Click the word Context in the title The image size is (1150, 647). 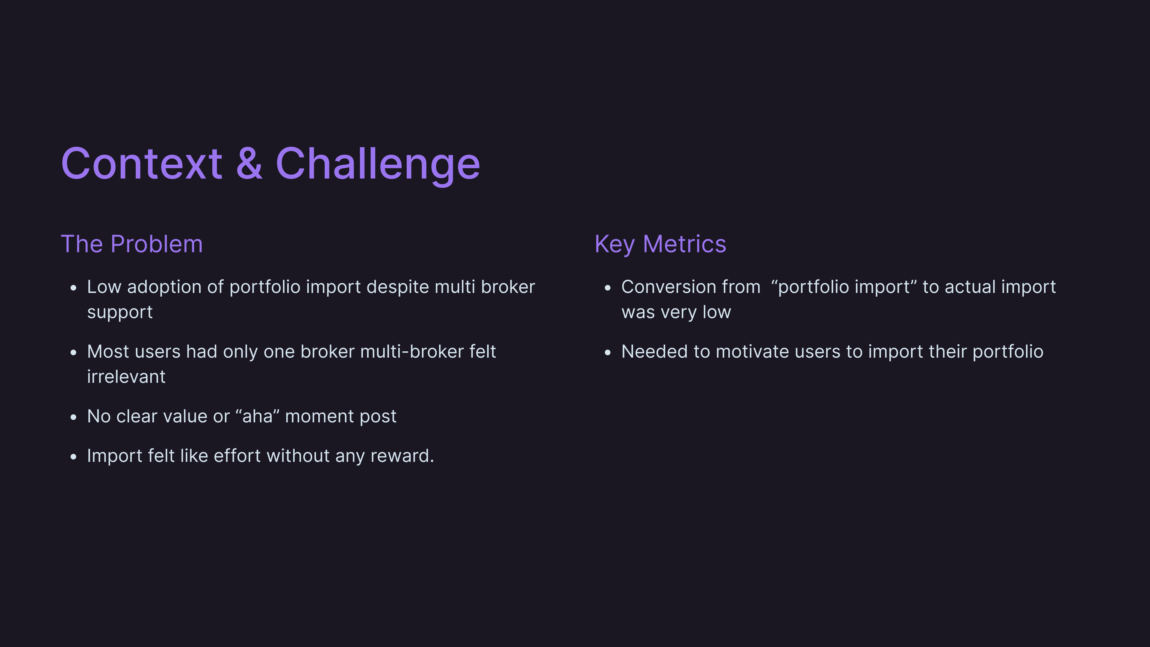pyautogui.click(x=142, y=164)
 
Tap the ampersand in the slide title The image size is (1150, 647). pyautogui.click(x=249, y=164)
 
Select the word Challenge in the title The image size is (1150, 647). pyautogui.click(x=378, y=166)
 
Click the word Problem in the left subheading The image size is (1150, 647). pyautogui.click(x=157, y=244)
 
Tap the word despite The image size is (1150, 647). pyautogui.click(x=397, y=288)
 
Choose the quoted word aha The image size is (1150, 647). pyautogui.click(x=258, y=416)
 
